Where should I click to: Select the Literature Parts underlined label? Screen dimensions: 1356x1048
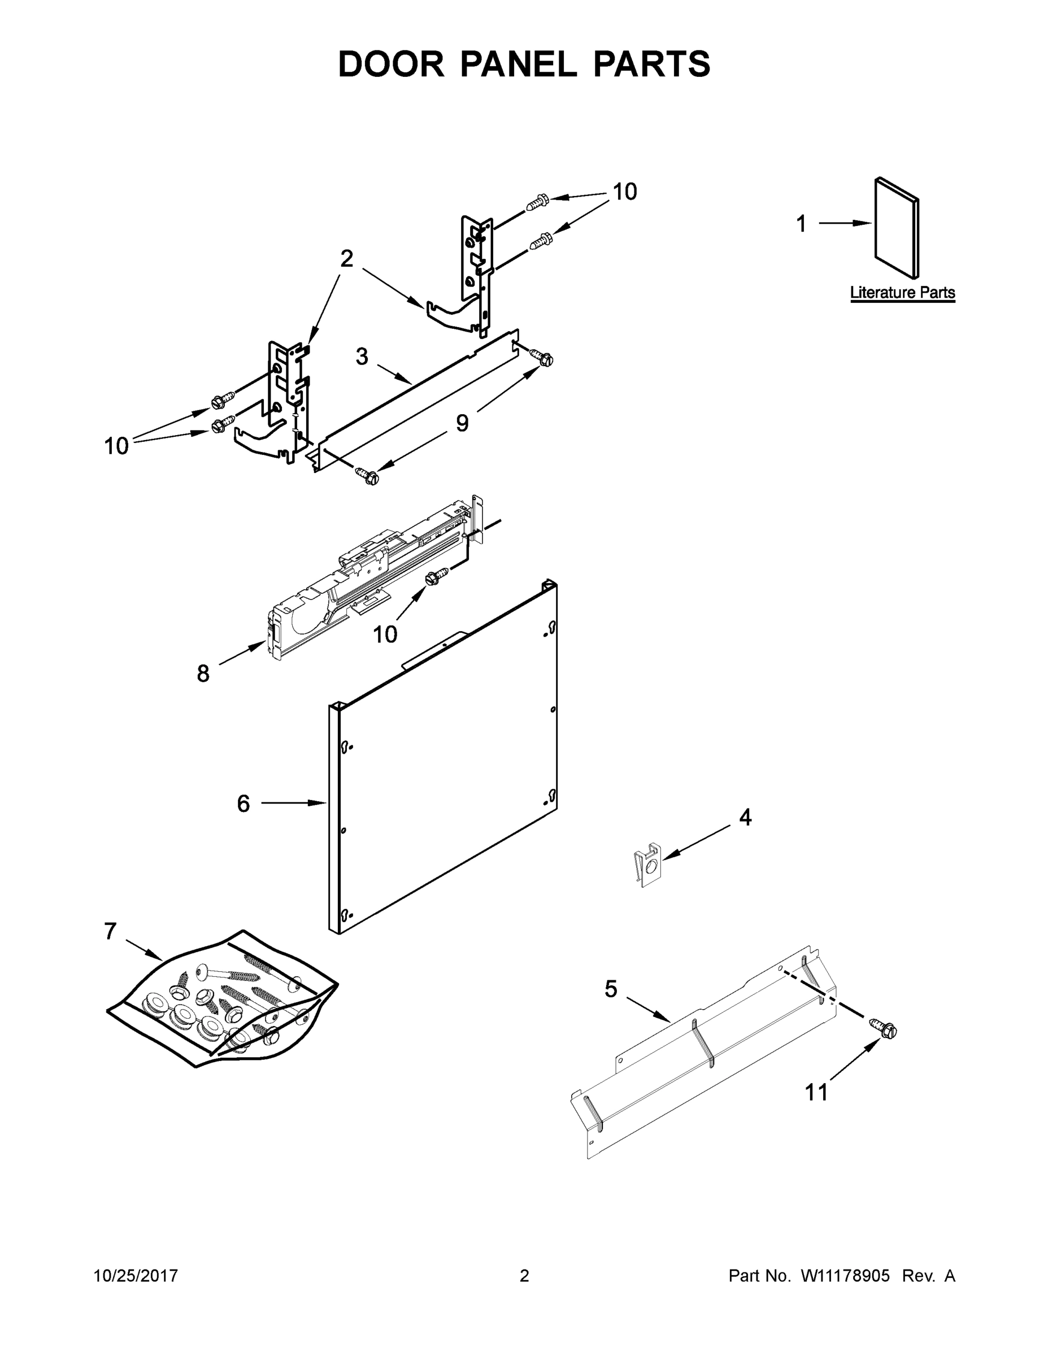click(902, 293)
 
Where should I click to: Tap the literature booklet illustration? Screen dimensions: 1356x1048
click(897, 228)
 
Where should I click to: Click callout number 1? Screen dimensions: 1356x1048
click(802, 224)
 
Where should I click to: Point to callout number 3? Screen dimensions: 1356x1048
click(362, 357)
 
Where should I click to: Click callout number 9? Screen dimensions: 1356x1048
click(462, 423)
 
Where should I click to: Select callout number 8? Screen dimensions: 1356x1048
click(203, 673)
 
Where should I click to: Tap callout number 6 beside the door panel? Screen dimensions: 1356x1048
click(243, 803)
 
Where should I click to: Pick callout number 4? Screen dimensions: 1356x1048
click(745, 818)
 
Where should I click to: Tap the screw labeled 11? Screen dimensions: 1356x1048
click(884, 1028)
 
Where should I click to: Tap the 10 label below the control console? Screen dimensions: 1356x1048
click(385, 634)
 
